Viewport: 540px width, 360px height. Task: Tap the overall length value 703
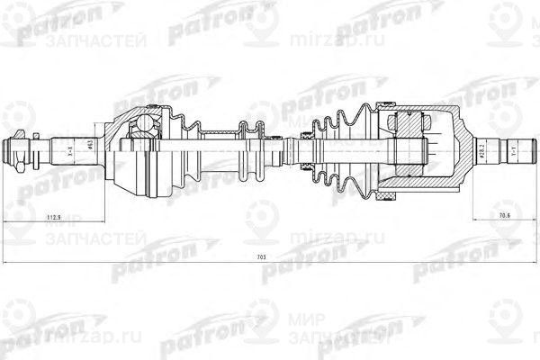261,258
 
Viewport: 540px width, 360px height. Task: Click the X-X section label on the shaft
69,150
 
